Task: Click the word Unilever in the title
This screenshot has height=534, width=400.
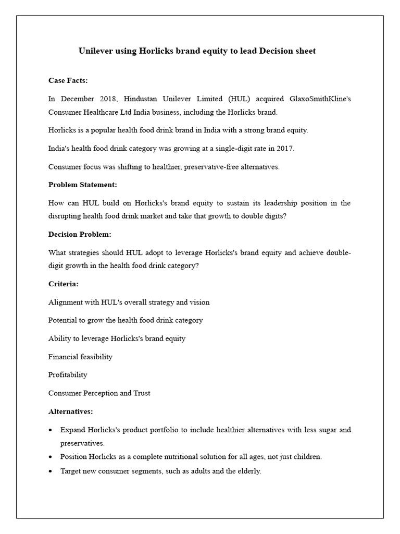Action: (x=95, y=51)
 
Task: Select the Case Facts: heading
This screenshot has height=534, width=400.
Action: (x=68, y=80)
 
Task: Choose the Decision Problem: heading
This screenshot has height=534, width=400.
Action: (x=80, y=234)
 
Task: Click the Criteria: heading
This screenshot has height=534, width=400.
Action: (x=64, y=284)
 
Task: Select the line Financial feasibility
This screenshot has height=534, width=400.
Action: (x=80, y=357)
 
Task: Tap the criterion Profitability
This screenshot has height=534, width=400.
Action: (x=68, y=375)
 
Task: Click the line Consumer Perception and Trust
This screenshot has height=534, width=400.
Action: (x=99, y=393)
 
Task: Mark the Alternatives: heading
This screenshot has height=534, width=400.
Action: (x=71, y=411)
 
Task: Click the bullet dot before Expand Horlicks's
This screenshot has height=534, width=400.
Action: (x=50, y=430)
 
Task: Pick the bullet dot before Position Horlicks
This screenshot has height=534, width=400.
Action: (x=50, y=457)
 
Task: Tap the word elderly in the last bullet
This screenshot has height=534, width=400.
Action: (x=249, y=471)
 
